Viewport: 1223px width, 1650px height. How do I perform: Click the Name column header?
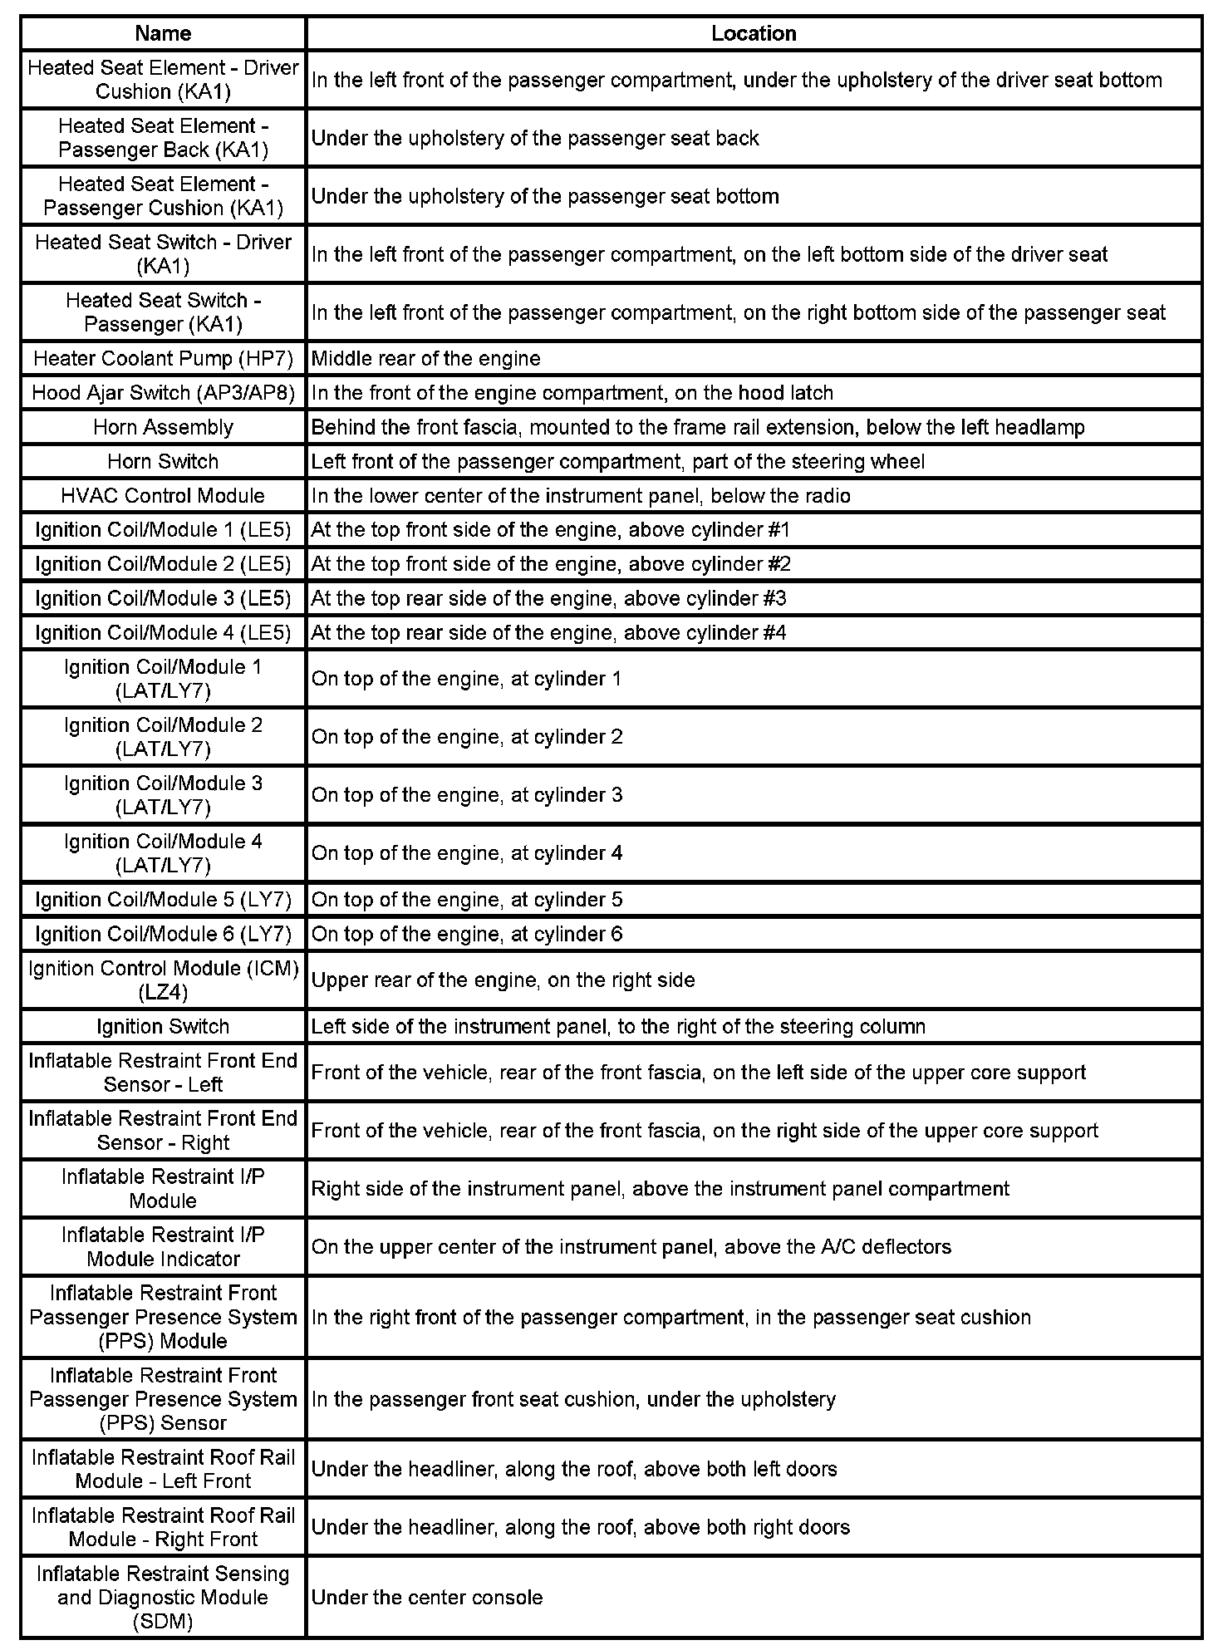click(x=163, y=33)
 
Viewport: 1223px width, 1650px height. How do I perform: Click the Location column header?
click(x=754, y=33)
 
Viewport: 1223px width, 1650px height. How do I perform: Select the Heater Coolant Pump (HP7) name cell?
click(x=163, y=358)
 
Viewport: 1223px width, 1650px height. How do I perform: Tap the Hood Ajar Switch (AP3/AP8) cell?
click(x=163, y=392)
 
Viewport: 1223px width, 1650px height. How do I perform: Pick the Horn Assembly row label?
click(x=163, y=427)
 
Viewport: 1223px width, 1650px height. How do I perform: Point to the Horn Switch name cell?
click(x=163, y=461)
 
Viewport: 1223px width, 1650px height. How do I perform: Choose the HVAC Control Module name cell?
click(x=163, y=495)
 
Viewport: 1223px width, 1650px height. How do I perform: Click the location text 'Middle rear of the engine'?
click(x=425, y=358)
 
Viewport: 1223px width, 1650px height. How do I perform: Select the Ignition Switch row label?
click(x=163, y=1026)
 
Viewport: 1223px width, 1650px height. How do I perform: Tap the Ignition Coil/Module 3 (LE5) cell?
click(x=163, y=598)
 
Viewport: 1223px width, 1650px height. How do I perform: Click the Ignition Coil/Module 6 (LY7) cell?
click(x=163, y=934)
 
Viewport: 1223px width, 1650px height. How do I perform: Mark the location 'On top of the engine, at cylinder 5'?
click(x=466, y=900)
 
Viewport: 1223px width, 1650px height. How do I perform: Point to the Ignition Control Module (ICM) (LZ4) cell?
click(x=163, y=980)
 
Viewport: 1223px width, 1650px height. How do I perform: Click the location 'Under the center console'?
click(x=426, y=1597)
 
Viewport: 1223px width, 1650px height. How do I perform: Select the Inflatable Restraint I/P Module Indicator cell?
click(x=163, y=1246)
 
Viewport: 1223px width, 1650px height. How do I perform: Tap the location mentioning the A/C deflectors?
click(x=631, y=1246)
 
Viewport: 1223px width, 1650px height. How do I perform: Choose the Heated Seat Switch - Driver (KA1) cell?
click(x=163, y=253)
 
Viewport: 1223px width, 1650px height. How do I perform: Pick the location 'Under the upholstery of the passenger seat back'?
click(x=534, y=138)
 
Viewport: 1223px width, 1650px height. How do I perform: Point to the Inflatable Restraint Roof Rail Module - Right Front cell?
click(x=163, y=1527)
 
